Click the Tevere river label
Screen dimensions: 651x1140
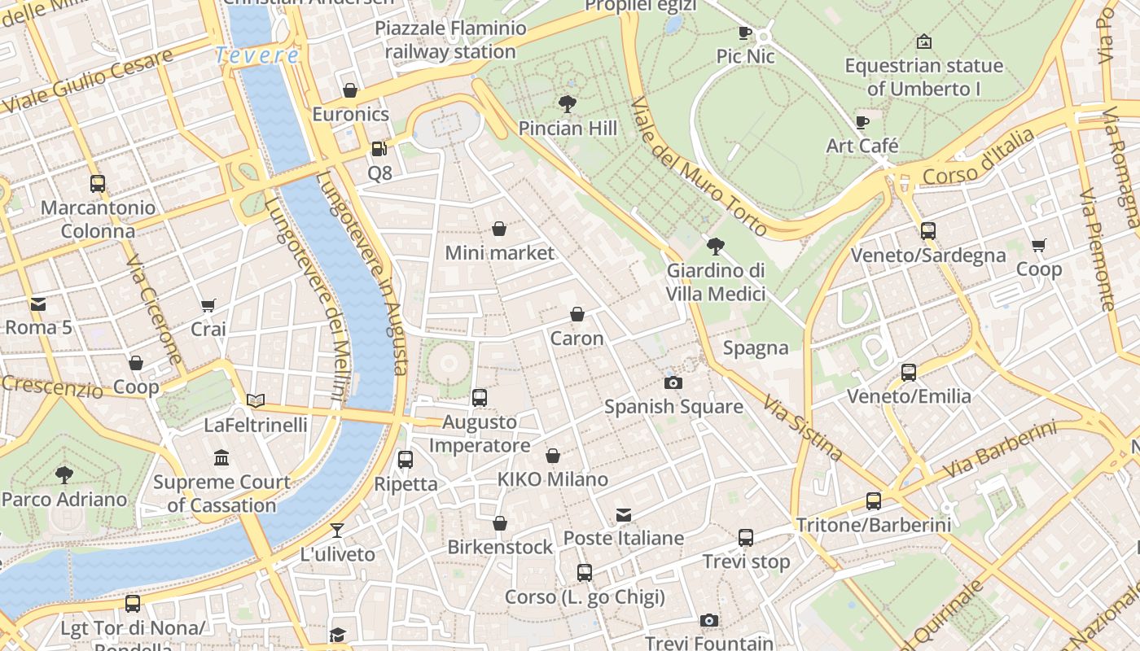coord(257,55)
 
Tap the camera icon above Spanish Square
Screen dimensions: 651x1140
coord(673,382)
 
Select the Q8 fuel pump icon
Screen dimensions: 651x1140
coord(379,149)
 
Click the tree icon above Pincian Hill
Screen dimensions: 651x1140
coord(568,103)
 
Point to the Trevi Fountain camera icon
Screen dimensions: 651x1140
coord(709,620)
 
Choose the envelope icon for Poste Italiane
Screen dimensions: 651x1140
coord(624,514)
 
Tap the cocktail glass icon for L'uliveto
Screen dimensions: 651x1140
coord(337,531)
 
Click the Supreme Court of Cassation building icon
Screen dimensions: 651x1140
coord(221,458)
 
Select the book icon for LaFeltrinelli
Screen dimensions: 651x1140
coord(256,400)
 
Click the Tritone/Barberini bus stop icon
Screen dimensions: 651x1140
coord(874,501)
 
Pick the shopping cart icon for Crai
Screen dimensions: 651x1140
coord(208,305)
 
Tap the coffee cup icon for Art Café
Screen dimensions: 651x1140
coord(862,122)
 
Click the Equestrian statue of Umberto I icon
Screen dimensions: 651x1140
coord(923,42)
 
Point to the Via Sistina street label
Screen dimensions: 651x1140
coord(802,427)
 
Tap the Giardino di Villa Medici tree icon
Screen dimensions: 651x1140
coord(716,246)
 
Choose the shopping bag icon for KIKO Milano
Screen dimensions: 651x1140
coord(553,456)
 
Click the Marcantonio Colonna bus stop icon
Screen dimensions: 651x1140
coord(98,184)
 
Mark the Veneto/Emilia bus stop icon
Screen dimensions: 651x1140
coord(909,373)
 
